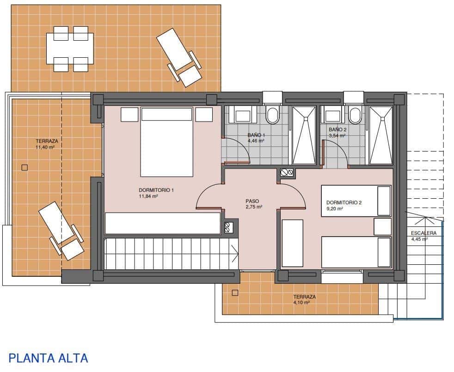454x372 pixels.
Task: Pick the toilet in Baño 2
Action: tap(355, 115)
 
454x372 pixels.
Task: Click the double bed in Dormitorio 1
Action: tap(166, 142)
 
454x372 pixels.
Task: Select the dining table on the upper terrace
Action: tap(70, 49)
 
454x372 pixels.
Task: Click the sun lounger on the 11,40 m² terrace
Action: tap(61, 230)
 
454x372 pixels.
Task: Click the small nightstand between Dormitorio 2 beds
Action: tap(382, 226)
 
